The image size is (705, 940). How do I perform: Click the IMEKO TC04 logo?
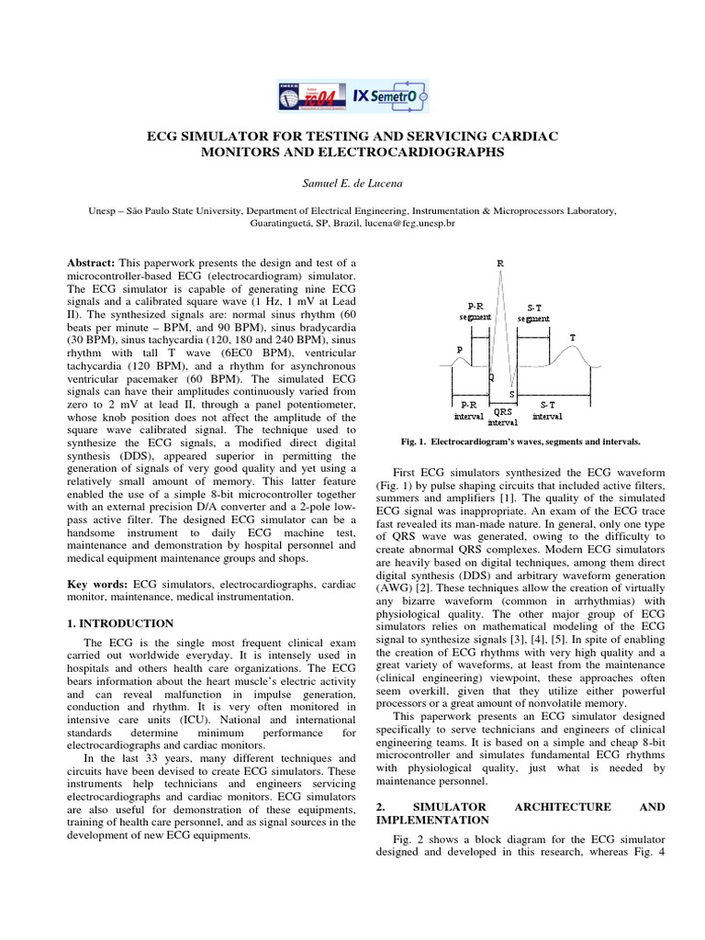312,95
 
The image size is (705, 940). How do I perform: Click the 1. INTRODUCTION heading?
121,623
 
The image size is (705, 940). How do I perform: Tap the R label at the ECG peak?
500,263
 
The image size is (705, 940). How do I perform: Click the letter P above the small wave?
459,349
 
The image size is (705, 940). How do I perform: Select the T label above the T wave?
573,337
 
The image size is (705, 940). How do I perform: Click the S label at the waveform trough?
510,394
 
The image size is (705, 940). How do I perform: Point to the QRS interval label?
502,419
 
